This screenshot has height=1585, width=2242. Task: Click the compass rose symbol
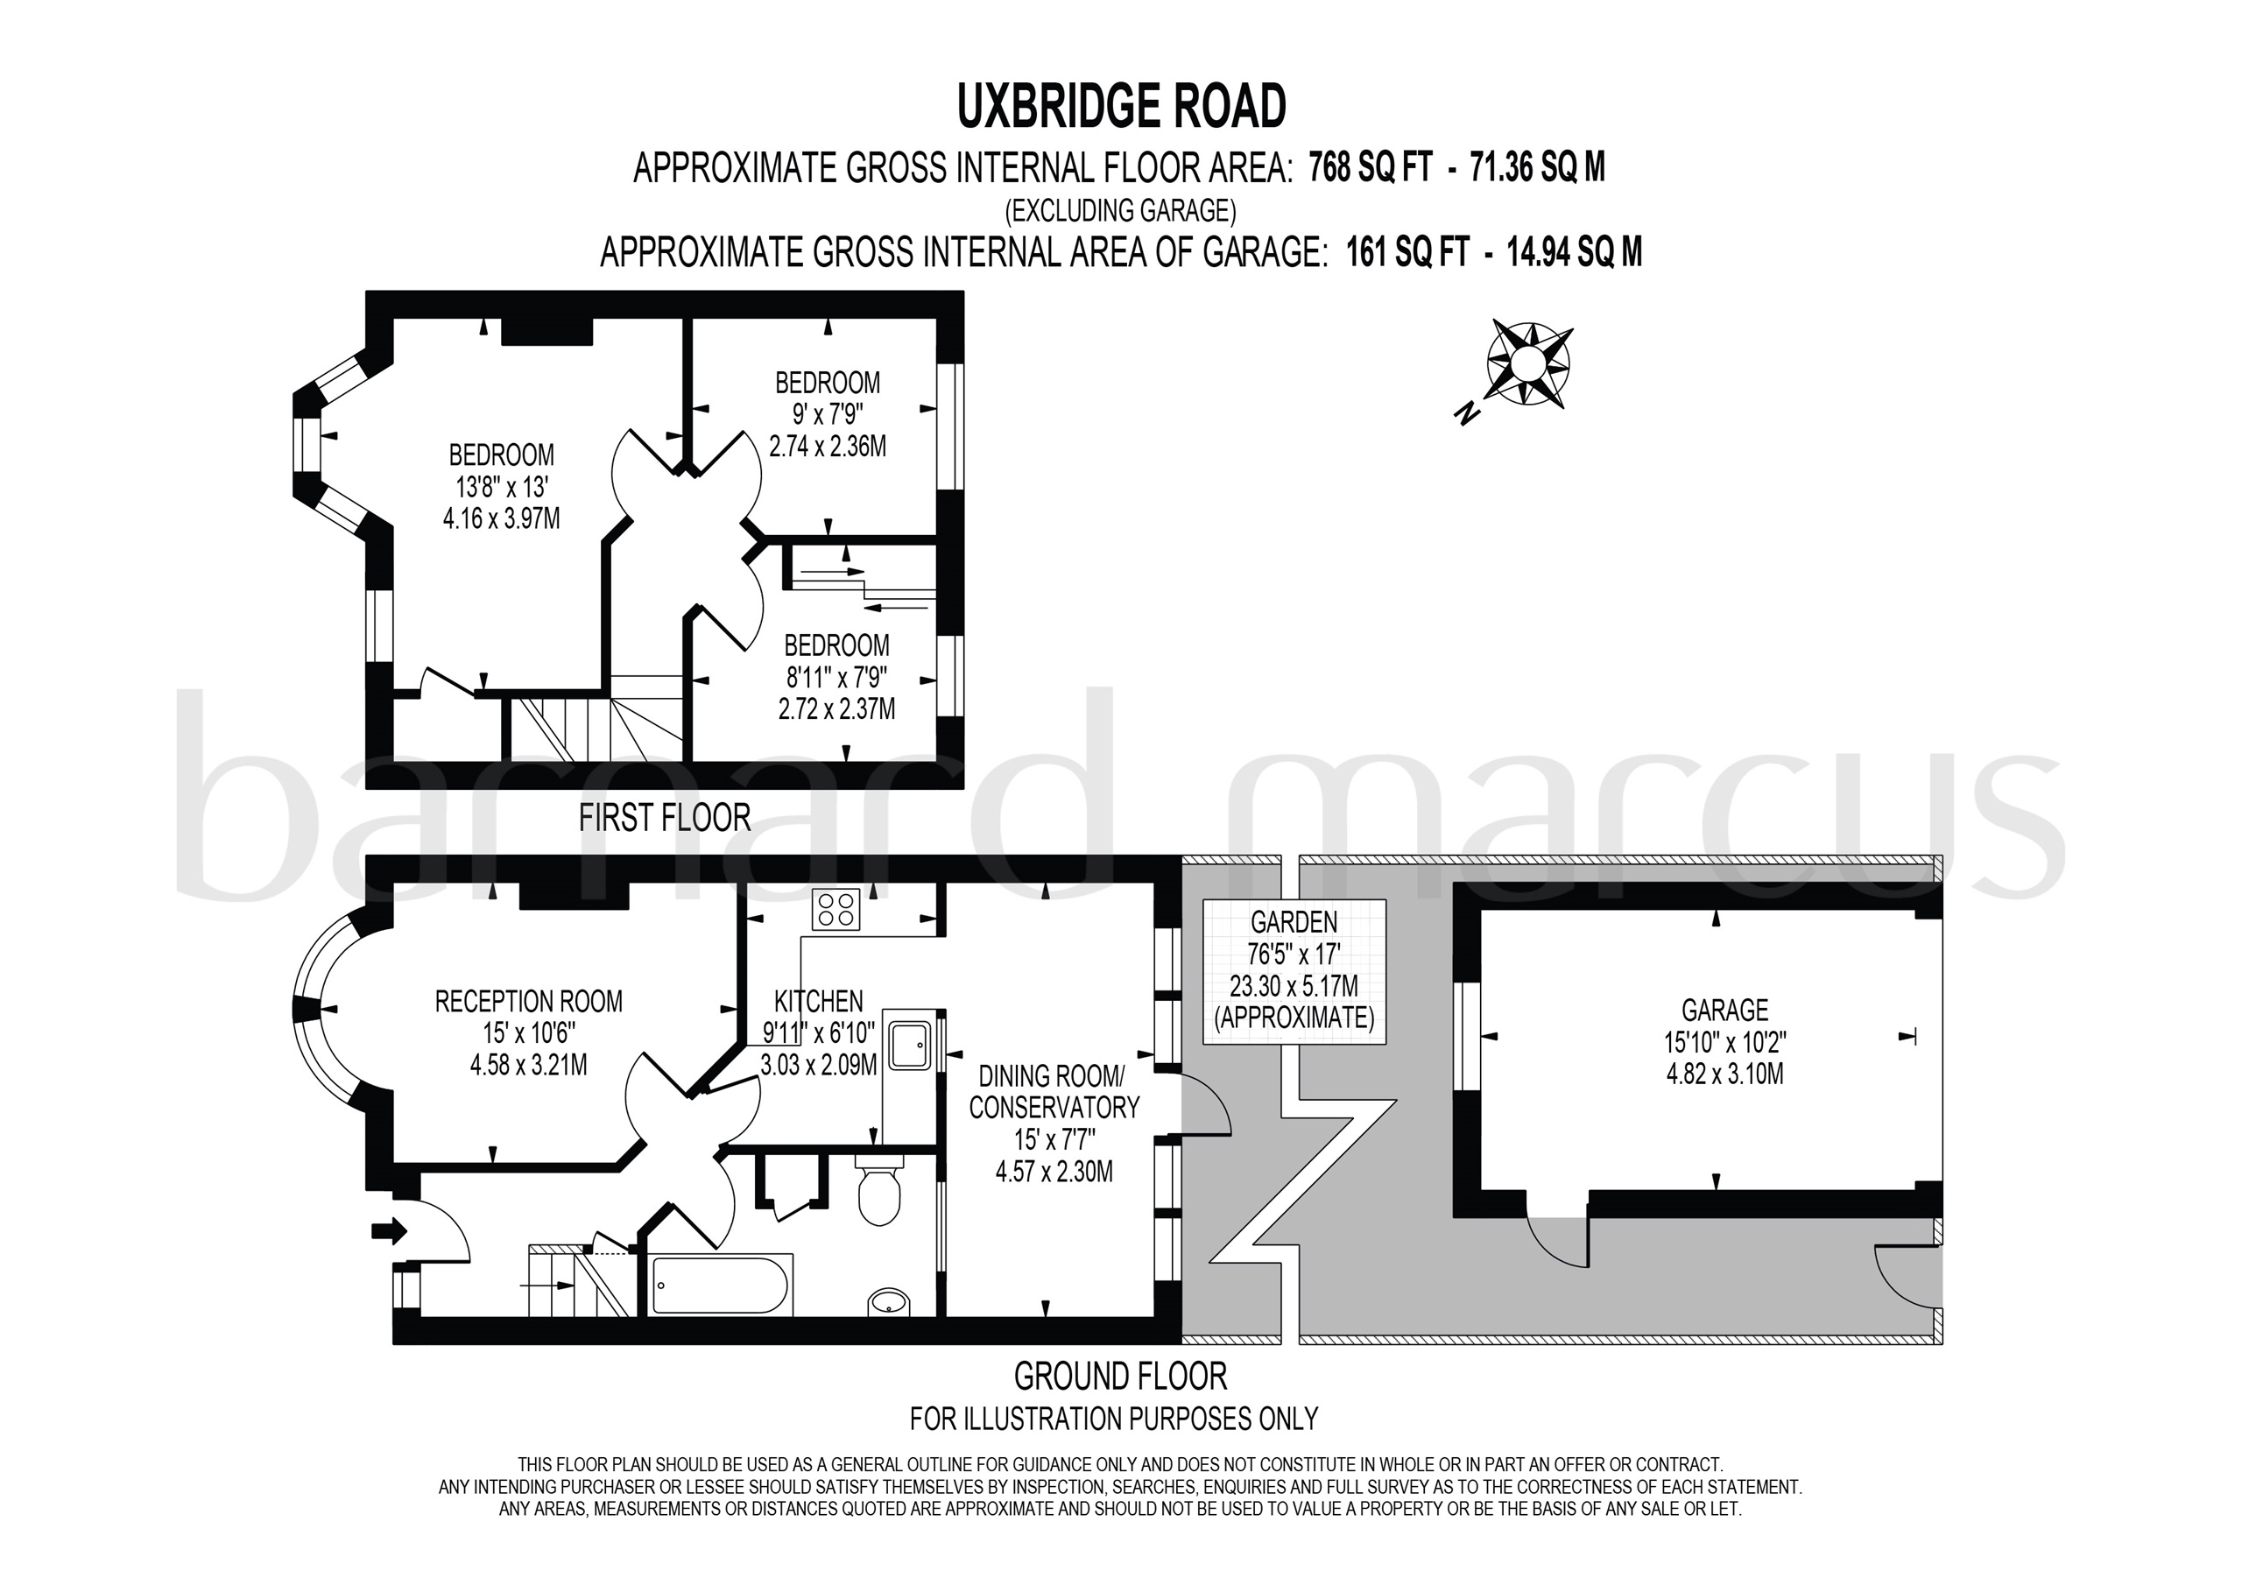pyautogui.click(x=1529, y=363)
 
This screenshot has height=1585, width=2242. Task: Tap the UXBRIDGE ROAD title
pyautogui.click(x=1121, y=108)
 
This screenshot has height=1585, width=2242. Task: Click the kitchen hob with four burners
pyautogui.click(x=835, y=909)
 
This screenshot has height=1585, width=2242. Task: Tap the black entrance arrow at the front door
pyautogui.click(x=390, y=1231)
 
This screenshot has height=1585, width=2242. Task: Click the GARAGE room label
pyautogui.click(x=1724, y=1009)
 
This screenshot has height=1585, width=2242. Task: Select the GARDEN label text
pyautogui.click(x=1294, y=921)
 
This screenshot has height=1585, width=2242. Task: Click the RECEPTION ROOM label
pyautogui.click(x=528, y=1001)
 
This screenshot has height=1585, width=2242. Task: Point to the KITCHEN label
pyautogui.click(x=818, y=1001)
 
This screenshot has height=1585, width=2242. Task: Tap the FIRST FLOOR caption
pyautogui.click(x=664, y=817)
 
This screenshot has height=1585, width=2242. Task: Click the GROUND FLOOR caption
pyautogui.click(x=1120, y=1376)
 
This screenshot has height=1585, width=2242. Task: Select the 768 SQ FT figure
pyautogui.click(x=1370, y=169)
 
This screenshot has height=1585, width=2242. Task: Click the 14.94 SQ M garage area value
pyautogui.click(x=1574, y=253)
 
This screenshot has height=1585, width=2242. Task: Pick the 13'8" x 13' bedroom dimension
pyautogui.click(x=502, y=486)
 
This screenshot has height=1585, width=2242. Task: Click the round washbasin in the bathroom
pyautogui.click(x=889, y=1302)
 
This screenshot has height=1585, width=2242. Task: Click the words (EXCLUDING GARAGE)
pyautogui.click(x=1121, y=211)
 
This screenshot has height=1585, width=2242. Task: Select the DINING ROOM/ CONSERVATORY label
pyautogui.click(x=1054, y=1092)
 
